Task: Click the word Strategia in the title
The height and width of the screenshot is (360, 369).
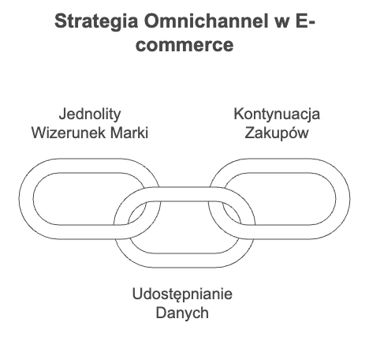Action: (96, 22)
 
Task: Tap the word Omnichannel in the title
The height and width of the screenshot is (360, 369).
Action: (206, 21)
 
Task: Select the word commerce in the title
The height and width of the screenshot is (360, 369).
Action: (184, 45)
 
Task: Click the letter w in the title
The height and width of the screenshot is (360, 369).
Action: (282, 23)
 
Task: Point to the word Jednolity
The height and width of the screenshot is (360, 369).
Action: (90, 114)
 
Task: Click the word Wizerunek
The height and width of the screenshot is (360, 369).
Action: (69, 133)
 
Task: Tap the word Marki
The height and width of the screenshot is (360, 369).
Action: (129, 133)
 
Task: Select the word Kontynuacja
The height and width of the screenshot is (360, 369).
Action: (277, 114)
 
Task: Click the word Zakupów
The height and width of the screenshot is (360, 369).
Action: (277, 133)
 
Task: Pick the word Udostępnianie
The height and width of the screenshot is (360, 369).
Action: (182, 294)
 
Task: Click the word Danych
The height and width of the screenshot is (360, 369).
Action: (182, 313)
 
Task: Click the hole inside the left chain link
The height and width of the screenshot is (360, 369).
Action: (79, 199)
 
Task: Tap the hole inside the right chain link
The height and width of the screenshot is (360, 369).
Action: (289, 199)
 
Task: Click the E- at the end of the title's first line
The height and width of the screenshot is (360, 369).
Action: (305, 21)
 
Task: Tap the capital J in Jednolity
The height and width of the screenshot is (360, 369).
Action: (62, 114)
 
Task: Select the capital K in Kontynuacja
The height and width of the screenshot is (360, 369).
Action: (238, 114)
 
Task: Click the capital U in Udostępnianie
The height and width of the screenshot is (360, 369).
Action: (137, 294)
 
